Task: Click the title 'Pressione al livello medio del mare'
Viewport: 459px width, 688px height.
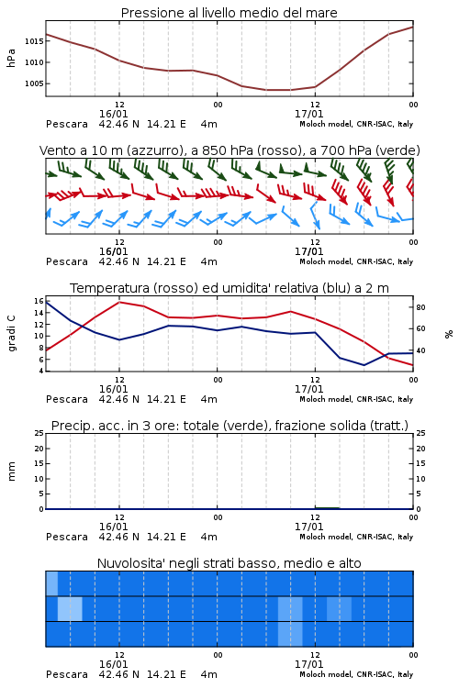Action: click(x=229, y=13)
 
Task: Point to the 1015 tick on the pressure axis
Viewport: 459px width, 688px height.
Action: click(x=34, y=41)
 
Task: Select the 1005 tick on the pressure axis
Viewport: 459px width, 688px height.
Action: click(x=34, y=83)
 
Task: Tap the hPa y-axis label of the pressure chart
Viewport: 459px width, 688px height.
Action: click(x=11, y=58)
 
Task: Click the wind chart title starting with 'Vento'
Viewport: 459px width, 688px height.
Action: click(x=229, y=150)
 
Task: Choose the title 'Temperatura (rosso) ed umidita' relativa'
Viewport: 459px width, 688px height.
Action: click(x=229, y=288)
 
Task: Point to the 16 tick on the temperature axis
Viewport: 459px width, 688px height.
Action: click(x=39, y=301)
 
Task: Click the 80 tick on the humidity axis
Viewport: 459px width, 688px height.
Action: click(x=420, y=307)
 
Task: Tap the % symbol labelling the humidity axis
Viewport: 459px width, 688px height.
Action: click(x=449, y=334)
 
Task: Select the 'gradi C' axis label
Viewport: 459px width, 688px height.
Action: click(x=12, y=334)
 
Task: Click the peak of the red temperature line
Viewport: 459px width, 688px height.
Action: click(x=119, y=302)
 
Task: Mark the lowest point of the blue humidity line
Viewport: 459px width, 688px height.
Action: click(x=364, y=365)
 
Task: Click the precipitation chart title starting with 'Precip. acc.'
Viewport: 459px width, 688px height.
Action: click(x=229, y=426)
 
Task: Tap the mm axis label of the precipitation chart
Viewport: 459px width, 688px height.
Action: click(x=11, y=472)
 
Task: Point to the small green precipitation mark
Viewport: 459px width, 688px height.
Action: click(x=327, y=508)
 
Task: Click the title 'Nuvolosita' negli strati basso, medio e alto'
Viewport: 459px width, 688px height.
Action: click(x=229, y=563)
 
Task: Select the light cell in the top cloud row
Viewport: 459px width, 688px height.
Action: click(x=51, y=583)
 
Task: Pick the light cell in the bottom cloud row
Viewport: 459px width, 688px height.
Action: click(x=290, y=634)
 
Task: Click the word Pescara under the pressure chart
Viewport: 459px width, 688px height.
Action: click(x=67, y=124)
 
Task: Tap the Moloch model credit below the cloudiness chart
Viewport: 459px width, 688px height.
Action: click(x=356, y=674)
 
